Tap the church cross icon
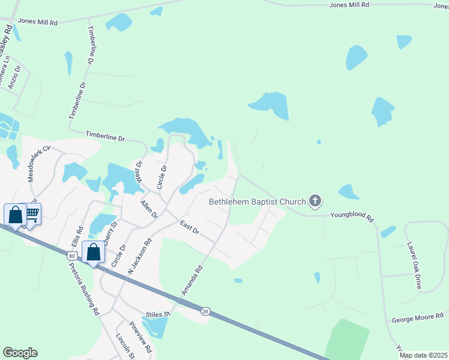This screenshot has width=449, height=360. [315, 202]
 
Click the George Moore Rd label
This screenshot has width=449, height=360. [417, 317]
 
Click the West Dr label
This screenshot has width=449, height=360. [139, 172]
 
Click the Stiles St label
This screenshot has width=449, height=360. [158, 314]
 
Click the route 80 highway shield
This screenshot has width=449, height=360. [72, 256]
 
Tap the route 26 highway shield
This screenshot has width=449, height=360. [205, 311]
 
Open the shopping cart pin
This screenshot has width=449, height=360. [32, 213]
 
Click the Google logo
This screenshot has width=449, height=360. [20, 352]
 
